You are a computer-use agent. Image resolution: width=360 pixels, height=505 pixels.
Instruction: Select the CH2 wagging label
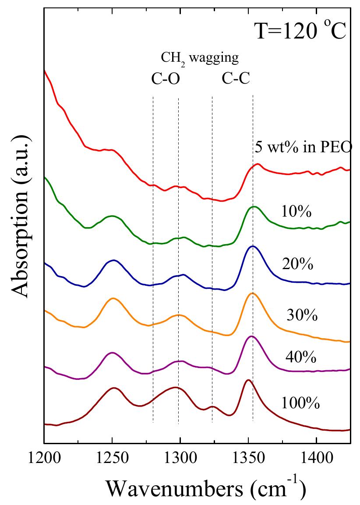tap(200, 59)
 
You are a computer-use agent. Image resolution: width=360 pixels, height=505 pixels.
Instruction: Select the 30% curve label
tap(301, 315)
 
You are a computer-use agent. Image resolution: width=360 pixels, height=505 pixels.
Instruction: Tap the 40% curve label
tap(301, 357)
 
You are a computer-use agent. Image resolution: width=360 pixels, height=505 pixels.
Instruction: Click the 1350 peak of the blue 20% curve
tap(252, 246)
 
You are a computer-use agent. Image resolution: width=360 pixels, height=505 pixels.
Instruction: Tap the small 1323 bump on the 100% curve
tap(212, 407)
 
